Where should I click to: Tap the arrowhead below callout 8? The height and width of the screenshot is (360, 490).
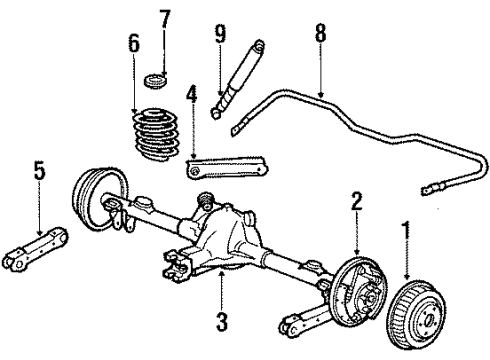pos(320,93)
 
